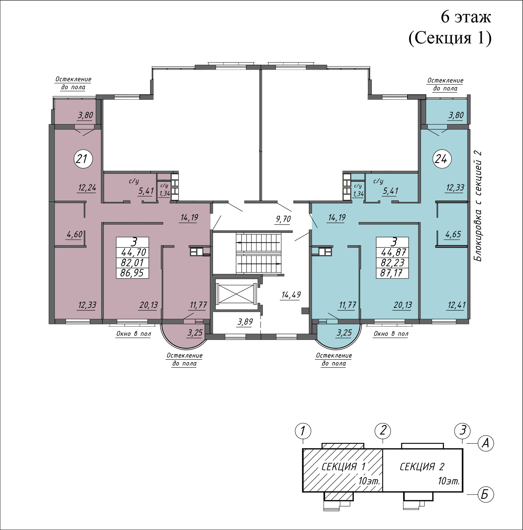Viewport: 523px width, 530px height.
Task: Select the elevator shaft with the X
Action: tap(237, 294)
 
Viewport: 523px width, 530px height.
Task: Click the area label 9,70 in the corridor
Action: tap(283, 219)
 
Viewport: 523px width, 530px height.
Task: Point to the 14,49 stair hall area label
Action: tap(291, 295)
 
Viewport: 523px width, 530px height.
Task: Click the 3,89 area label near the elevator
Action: tap(245, 322)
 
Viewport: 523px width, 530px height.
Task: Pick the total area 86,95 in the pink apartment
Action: tap(132, 273)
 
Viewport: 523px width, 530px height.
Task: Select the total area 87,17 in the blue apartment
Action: tap(392, 273)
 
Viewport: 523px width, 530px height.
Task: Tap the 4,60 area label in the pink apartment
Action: tap(75, 234)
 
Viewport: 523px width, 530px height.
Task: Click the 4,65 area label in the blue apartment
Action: tap(453, 234)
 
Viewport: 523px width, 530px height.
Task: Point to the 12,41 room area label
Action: tap(456, 305)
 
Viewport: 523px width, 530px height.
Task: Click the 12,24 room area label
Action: tap(87, 188)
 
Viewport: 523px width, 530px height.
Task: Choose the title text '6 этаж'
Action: tap(466, 17)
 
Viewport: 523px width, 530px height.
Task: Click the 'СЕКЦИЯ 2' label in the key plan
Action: tap(422, 467)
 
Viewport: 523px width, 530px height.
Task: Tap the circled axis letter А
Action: tap(485, 443)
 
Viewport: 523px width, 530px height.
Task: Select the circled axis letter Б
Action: tap(485, 495)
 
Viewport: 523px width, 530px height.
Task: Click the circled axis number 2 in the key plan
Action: tap(383, 431)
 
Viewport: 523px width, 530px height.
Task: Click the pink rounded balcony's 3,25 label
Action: tap(195, 333)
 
